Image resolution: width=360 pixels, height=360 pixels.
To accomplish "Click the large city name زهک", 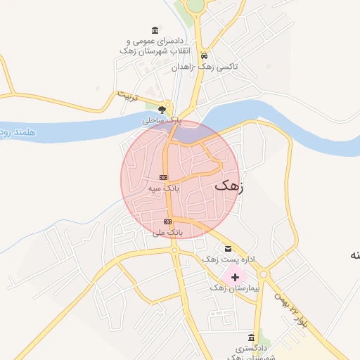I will click(x=229, y=186).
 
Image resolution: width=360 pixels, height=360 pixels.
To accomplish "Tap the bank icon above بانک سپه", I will click(x=163, y=177).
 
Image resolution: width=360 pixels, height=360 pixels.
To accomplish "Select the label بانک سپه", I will click(x=165, y=188).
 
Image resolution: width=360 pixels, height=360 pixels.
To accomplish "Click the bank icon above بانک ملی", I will click(x=167, y=222).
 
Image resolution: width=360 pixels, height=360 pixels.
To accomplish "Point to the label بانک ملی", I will click(x=169, y=232).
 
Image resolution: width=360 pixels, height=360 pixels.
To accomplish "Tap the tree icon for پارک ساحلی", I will click(x=162, y=109).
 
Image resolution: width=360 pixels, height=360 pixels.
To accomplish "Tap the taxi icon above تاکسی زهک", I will click(x=204, y=55).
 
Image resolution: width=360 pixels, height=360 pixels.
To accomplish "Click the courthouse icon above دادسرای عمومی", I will click(x=155, y=30).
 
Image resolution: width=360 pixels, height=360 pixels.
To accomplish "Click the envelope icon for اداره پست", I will click(x=227, y=249).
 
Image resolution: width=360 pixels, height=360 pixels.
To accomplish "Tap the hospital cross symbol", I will click(x=235, y=278).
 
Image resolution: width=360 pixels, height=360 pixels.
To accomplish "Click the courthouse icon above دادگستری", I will click(x=252, y=338).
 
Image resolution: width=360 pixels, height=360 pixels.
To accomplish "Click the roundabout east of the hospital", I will click(x=264, y=274).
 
